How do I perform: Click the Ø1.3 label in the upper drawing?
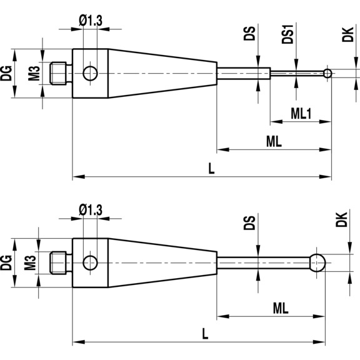coord(91,21)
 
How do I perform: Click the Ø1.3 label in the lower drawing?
coord(92,211)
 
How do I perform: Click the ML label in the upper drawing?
coord(274,141)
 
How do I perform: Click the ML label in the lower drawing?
coord(281,307)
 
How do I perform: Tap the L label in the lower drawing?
coord(205,334)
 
